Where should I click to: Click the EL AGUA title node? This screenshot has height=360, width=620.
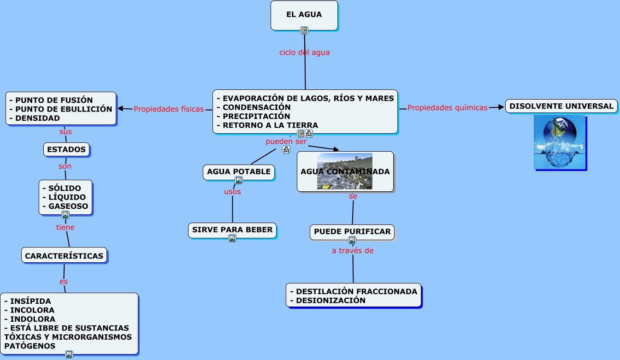304,15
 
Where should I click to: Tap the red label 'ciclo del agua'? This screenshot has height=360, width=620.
304,53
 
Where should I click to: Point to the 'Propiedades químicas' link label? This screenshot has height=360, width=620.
447,108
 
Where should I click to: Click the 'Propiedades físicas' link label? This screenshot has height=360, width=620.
168,109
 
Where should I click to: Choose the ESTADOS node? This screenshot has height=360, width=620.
66,149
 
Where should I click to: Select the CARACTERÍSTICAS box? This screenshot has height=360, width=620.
64,256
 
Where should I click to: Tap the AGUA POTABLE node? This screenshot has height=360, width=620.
239,172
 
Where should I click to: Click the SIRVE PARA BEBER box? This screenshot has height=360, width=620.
232,230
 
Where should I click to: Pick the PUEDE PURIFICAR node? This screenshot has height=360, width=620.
352,231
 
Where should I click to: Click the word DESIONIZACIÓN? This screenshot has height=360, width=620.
331,301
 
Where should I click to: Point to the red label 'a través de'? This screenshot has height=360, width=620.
353,251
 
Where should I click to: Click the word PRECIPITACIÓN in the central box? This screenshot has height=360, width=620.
256,116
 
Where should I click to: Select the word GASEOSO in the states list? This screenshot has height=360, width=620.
68,206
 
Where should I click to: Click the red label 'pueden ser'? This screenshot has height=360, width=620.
286,142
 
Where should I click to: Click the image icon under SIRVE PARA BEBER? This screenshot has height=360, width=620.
232,238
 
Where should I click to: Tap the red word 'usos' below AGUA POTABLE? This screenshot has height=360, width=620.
232,192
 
